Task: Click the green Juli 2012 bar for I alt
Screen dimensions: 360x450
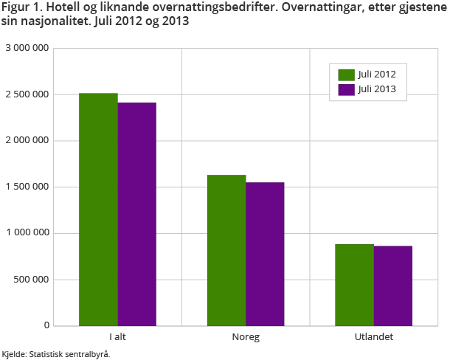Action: (x=98, y=210)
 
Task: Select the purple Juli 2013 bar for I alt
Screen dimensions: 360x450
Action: (x=136, y=214)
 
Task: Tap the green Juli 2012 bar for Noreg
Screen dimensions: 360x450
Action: (x=226, y=250)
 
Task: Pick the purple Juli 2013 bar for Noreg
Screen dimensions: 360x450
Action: (x=265, y=254)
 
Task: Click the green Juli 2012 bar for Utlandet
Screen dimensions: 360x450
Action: (x=354, y=285)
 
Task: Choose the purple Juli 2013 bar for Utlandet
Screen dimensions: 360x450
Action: (x=392, y=285)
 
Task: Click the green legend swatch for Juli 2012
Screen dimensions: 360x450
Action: (x=347, y=75)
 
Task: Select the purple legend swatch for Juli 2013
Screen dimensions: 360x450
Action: (x=347, y=89)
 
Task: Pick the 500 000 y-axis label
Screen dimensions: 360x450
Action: (x=31, y=280)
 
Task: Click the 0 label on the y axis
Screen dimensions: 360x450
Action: (x=46, y=325)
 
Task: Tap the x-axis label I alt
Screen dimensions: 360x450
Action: (x=117, y=337)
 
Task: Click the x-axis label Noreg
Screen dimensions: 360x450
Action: (x=246, y=337)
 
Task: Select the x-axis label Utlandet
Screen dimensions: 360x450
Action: (x=373, y=337)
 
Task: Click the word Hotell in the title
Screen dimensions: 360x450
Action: (x=60, y=7)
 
